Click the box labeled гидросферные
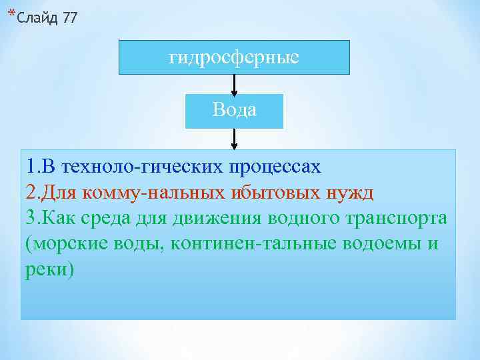234,57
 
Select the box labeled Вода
234,111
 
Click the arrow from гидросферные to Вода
234,84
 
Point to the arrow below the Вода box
234,138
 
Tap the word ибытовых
271,193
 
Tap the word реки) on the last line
51,270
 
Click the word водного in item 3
309,219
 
